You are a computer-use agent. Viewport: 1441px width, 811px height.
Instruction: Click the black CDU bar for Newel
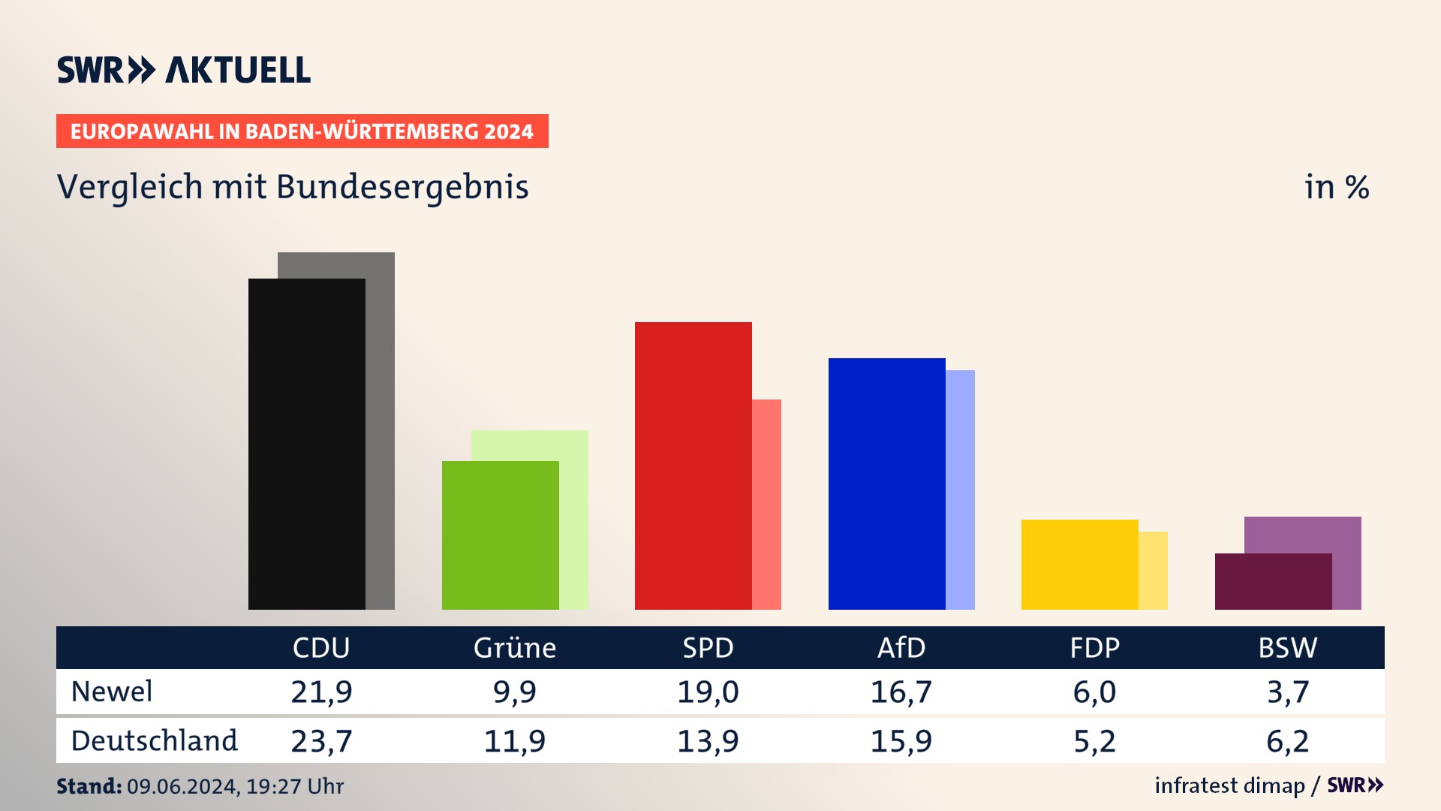point(306,443)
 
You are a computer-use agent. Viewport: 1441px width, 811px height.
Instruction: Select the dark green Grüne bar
point(500,535)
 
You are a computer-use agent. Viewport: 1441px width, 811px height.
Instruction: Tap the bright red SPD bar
point(693,466)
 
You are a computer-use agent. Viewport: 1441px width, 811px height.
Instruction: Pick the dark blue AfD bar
point(886,484)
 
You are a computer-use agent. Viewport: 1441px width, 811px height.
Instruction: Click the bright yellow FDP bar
point(1079,564)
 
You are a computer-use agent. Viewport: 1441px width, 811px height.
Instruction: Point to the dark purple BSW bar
point(1273,581)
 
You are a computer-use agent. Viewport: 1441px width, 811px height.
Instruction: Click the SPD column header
point(708,647)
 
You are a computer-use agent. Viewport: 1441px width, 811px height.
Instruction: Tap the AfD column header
point(901,647)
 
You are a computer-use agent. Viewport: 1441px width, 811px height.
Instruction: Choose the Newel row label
point(112,692)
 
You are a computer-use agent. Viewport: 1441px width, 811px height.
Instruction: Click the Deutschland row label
point(154,741)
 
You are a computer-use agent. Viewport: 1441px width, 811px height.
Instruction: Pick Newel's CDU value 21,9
point(321,692)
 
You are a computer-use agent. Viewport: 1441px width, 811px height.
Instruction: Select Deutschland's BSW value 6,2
point(1288,741)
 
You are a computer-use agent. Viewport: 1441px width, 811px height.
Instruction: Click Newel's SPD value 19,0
point(708,692)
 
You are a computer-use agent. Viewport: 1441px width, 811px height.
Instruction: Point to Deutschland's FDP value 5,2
point(1094,741)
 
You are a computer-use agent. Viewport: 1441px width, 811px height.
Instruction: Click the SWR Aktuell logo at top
point(184,70)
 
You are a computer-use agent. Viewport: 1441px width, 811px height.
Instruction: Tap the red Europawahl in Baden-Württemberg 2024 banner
point(302,131)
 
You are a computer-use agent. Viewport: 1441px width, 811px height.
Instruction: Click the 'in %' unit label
point(1337,187)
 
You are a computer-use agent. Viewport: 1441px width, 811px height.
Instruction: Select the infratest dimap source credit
point(1229,785)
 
